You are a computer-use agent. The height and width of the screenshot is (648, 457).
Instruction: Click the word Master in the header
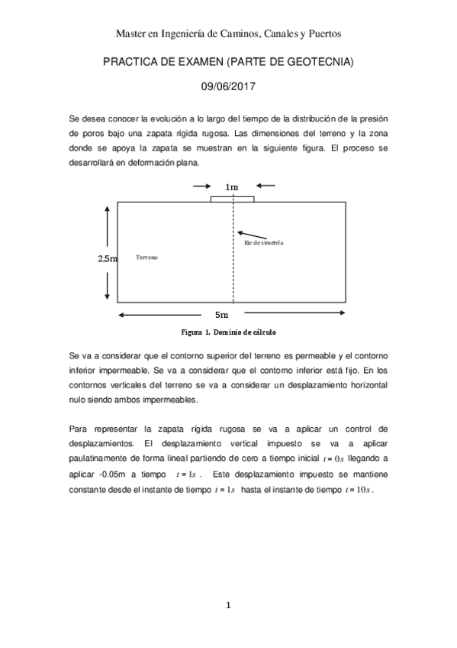[x=130, y=34]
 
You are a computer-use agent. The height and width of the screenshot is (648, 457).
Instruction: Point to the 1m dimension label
[x=232, y=186]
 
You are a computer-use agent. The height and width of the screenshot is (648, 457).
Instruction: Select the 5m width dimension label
[x=220, y=314]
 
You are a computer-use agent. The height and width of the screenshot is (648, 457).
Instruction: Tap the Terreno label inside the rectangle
[x=146, y=258]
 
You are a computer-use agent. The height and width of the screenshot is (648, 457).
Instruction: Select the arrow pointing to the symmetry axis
[x=251, y=232]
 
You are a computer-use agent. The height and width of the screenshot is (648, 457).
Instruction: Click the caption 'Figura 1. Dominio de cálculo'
[x=228, y=333]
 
